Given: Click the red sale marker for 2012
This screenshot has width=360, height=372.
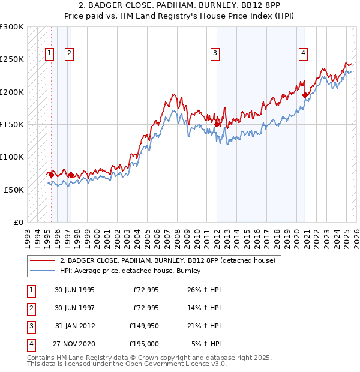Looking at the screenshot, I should click(x=217, y=124).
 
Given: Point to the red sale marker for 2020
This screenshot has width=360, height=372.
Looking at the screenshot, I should click(x=305, y=95).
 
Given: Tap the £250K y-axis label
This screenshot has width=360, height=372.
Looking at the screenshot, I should click(x=12, y=59).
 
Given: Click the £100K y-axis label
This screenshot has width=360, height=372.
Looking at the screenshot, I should click(x=12, y=157).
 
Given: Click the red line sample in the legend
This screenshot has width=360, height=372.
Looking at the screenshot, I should click(x=42, y=260).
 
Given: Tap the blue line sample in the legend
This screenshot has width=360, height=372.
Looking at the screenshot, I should click(x=42, y=271).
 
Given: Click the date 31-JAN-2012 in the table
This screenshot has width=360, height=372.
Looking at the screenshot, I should click(x=74, y=326).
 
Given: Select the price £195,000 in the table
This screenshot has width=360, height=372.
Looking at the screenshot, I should click(x=144, y=344).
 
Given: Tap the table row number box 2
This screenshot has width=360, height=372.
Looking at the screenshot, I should click(x=31, y=308).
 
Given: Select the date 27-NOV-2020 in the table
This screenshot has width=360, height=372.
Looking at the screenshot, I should click(x=74, y=344).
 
